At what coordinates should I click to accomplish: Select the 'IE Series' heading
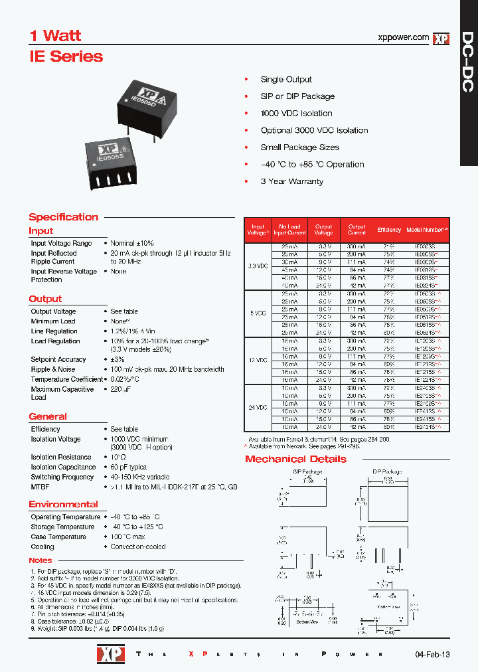pyautogui.click(x=66, y=56)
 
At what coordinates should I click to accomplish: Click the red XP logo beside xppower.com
pyautogui.click(x=441, y=39)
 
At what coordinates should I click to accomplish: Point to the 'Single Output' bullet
pyautogui.click(x=286, y=79)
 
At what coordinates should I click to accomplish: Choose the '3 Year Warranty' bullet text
pyautogui.click(x=292, y=181)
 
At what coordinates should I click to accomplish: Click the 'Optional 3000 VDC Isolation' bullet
pyautogui.click(x=314, y=130)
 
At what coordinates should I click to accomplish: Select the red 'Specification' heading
pyautogui.click(x=63, y=217)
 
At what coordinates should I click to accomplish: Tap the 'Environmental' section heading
pyautogui.click(x=63, y=504)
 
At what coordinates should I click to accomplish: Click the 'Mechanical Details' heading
pyautogui.click(x=295, y=459)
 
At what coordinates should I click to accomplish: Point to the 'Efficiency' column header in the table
pyautogui.click(x=389, y=230)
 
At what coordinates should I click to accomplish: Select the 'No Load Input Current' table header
pyautogui.click(x=289, y=230)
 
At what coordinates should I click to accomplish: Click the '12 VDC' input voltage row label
pyautogui.click(x=258, y=360)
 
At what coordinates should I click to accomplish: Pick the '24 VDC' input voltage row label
pyautogui.click(x=258, y=408)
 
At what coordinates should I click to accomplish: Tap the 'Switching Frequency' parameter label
pyautogui.click(x=62, y=477)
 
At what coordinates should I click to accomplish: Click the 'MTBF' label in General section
pyautogui.click(x=40, y=487)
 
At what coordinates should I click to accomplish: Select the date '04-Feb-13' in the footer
pyautogui.click(x=432, y=654)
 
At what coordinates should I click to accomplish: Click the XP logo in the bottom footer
pyautogui.click(x=107, y=654)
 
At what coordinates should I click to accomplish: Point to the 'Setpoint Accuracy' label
pyautogui.click(x=58, y=359)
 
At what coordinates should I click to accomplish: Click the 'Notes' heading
pyautogui.click(x=40, y=560)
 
